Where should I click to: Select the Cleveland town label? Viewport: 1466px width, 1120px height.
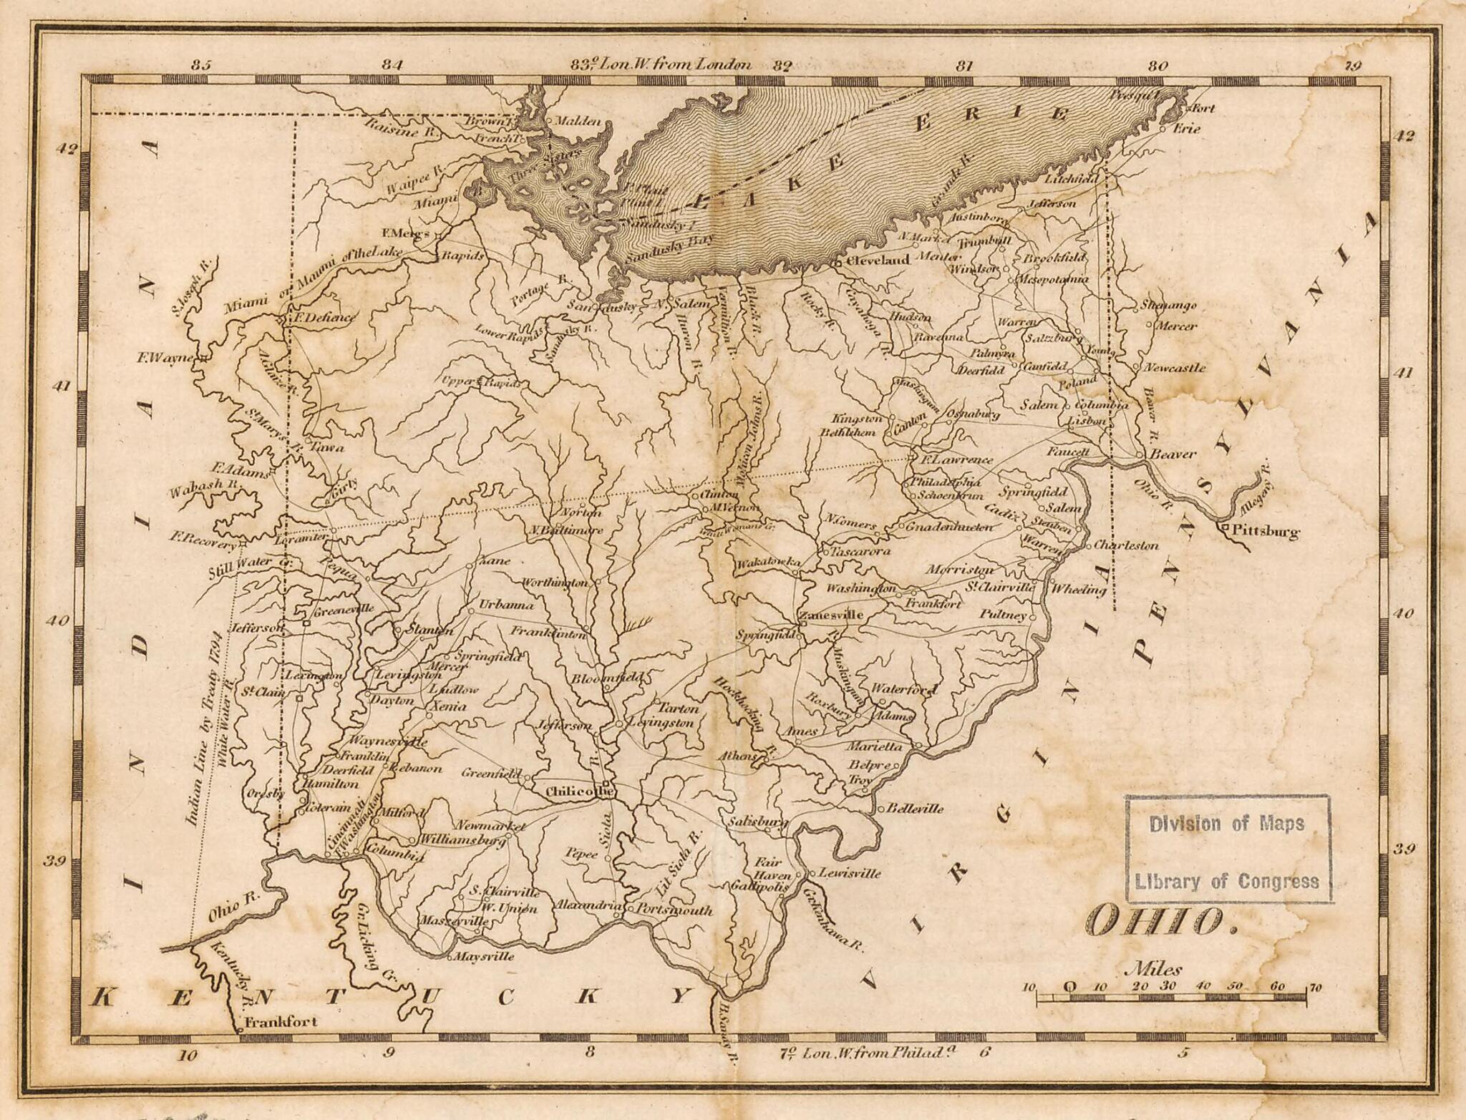[878, 260]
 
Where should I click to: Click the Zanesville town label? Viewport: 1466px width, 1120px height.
[831, 615]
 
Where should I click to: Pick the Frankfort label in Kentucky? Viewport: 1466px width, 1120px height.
[280, 1022]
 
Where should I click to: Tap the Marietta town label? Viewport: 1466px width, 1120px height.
[875, 746]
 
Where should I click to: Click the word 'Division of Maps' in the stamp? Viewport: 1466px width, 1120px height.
[1227, 824]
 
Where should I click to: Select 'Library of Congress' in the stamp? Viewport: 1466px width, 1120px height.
[1227, 882]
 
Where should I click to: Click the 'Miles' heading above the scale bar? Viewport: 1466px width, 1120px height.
[1154, 970]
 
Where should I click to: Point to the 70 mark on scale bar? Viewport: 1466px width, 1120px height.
[1315, 988]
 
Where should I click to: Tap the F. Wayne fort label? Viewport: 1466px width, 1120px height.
[165, 356]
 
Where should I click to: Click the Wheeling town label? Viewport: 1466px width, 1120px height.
[1079, 590]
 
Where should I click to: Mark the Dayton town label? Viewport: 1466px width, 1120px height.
[392, 701]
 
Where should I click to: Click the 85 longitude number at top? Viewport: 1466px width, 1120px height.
[202, 65]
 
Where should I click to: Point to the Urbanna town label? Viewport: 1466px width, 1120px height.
[506, 605]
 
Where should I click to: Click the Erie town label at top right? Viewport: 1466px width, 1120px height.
[1186, 129]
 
